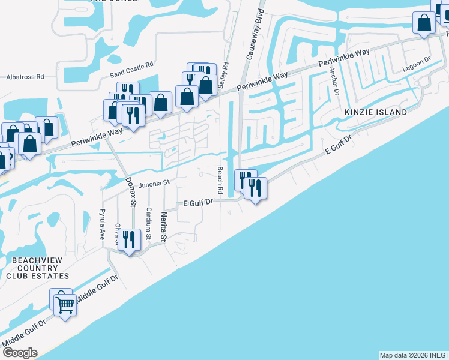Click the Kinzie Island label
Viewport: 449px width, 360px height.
(375, 112)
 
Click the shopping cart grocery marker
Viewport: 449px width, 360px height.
(65, 304)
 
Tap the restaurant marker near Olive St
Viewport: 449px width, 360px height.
(130, 240)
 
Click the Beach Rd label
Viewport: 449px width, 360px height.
(220, 179)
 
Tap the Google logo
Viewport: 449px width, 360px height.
(20, 353)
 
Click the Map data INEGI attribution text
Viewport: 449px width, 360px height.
(414, 355)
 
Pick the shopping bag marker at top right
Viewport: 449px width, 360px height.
(424, 23)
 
